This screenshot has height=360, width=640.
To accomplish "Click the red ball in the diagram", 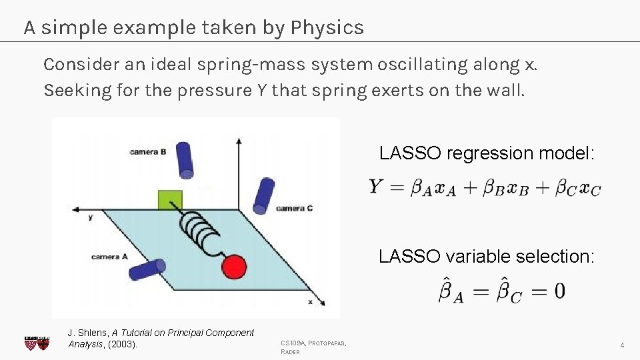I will click(x=234, y=267).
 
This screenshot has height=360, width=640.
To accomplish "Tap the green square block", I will click(x=170, y=201).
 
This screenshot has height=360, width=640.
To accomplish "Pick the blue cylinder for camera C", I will click(x=265, y=195).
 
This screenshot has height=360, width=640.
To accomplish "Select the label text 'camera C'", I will click(x=294, y=209).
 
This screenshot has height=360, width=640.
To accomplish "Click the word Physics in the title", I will click(x=327, y=28).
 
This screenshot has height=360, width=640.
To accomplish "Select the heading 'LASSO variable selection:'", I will click(x=486, y=256).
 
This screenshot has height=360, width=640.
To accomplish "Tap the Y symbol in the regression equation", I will click(x=376, y=187).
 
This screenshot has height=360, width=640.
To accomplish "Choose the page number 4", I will click(x=621, y=345).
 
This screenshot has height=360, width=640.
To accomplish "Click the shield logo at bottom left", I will click(x=37, y=343).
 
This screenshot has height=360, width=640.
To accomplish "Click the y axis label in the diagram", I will click(x=90, y=217).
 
